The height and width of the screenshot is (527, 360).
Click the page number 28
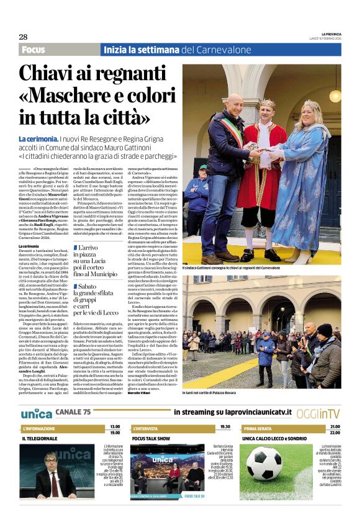[23, 37]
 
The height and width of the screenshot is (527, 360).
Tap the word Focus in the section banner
[33, 50]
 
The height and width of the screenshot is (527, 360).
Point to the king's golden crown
[268, 104]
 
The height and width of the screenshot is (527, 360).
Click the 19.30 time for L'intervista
[225, 426]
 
